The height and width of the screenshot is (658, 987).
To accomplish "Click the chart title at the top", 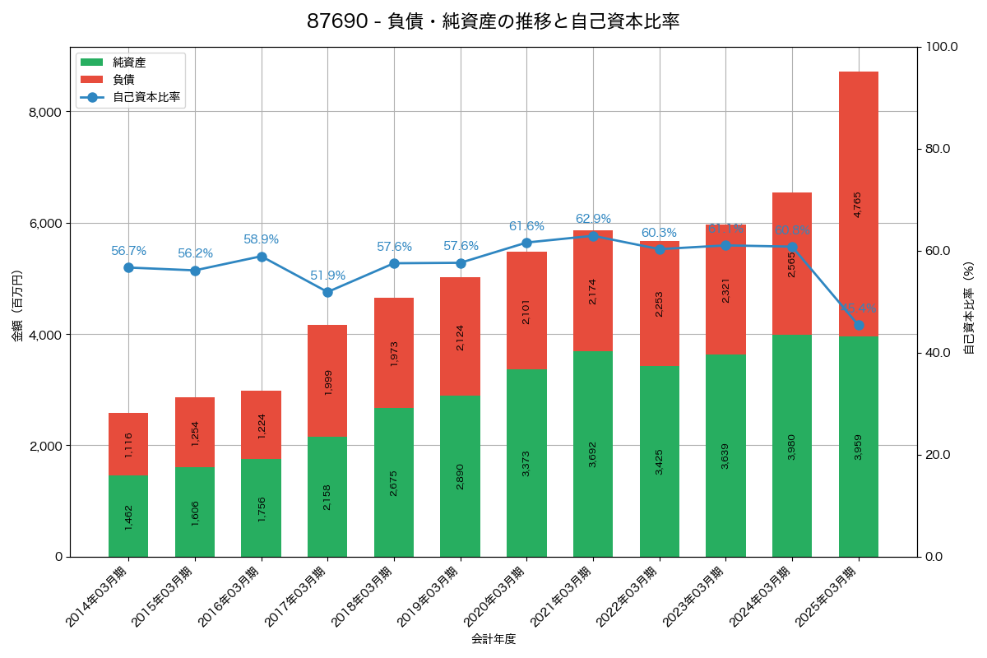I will click(493, 21).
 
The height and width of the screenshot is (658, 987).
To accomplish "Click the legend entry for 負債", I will click(123, 79).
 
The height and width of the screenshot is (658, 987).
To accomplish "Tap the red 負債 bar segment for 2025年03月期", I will click(859, 204).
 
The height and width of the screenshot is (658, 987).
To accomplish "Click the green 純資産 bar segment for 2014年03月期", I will click(128, 516).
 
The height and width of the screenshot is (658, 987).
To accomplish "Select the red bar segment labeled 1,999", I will click(327, 381).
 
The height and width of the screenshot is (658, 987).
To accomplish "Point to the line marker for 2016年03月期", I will click(262, 257).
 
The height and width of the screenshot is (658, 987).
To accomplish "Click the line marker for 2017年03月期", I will click(327, 292).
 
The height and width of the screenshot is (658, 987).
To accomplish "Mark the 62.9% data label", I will click(593, 219).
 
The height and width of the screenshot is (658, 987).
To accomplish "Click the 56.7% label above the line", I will click(128, 251).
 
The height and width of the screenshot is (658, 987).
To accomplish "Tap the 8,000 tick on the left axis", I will click(46, 112).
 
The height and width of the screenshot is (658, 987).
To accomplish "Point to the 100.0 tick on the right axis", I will click(941, 47).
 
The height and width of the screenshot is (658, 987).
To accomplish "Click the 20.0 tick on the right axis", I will click(938, 455).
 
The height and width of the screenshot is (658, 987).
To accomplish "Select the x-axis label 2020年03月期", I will click(494, 597).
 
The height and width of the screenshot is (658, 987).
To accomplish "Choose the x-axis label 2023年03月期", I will click(693, 597).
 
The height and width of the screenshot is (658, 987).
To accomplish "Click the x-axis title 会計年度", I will click(493, 639).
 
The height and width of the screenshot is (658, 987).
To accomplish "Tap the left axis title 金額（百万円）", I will click(17, 305).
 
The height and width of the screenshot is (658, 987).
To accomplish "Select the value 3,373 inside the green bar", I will click(526, 463).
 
